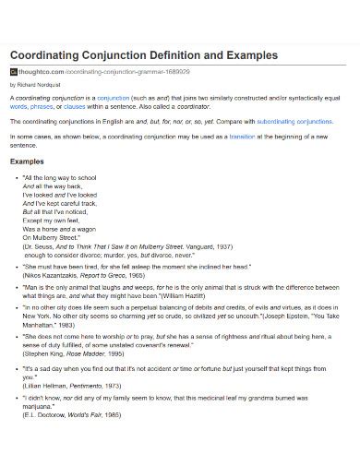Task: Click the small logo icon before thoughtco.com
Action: [x=14, y=71]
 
